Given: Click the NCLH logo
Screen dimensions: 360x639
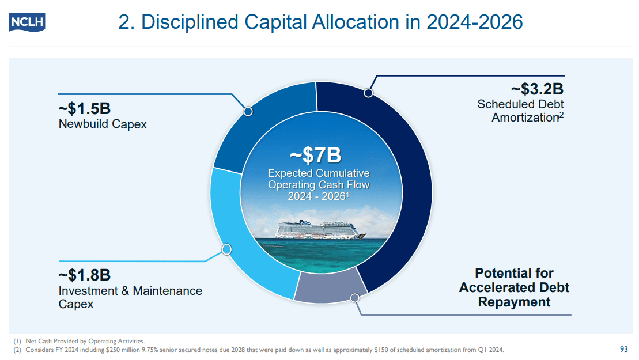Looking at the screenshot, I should pos(27,22).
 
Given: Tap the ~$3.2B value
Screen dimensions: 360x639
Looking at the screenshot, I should pos(536,89).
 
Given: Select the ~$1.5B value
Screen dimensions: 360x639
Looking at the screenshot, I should pos(85,108).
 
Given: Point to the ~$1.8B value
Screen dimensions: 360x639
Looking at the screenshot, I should pos(85,275).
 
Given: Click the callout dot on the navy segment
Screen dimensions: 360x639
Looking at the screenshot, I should pos(368,93).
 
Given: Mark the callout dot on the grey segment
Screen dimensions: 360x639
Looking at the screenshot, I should pos(355,298).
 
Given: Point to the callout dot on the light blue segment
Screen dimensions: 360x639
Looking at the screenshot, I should pos(226,249).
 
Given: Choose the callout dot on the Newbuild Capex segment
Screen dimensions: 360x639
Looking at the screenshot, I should pos(248,111).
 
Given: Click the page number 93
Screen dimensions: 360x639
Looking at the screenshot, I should pos(623,349).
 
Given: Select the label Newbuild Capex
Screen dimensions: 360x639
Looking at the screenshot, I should pos(103,124).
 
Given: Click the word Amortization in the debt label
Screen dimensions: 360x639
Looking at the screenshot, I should pos(524,118).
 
